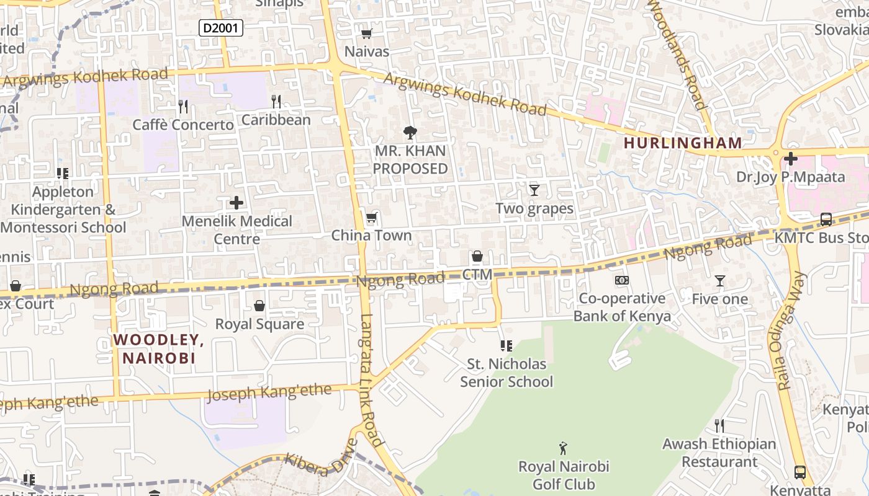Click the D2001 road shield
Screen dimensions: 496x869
pos(220,27)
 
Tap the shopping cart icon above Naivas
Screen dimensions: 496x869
pos(366,33)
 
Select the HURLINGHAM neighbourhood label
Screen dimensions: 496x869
pos(683,143)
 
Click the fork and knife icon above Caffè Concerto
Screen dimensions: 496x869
pos(182,107)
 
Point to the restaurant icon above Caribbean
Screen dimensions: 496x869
pos(276,101)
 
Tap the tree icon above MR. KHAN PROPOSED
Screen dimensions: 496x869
pos(410,132)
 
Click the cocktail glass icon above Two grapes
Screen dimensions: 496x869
pos(534,190)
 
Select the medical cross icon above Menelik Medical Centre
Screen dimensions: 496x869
pos(236,203)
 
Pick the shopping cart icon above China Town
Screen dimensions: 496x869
pos(371,217)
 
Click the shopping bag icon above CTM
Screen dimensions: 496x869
pos(477,256)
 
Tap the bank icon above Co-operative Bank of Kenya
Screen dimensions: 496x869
pos(621,280)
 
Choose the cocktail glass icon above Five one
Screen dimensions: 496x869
pos(719,281)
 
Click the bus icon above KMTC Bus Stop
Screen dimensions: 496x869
pos(826,219)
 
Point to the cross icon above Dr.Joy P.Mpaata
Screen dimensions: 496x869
pos(790,159)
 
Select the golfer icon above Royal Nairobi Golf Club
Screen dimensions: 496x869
pos(563,448)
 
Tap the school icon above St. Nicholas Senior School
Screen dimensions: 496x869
pos(506,345)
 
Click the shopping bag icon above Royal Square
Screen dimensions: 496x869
pos(259,306)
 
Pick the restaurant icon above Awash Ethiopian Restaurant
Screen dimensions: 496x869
pos(719,425)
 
